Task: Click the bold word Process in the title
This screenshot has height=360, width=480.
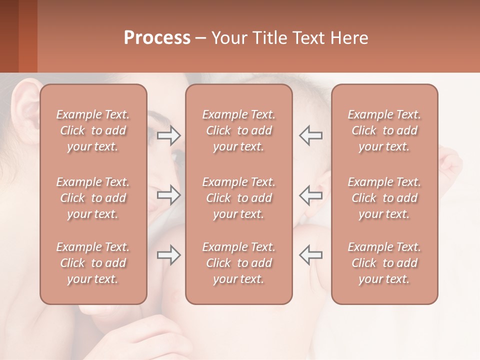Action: [x=157, y=38]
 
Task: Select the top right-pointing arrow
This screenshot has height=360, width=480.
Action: [x=169, y=135]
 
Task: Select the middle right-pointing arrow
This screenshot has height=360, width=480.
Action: [x=169, y=194]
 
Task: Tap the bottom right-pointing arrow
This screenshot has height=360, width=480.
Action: [x=169, y=255]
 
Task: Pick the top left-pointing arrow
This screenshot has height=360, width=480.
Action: [x=310, y=135]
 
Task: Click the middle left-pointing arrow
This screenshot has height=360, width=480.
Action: [x=310, y=194]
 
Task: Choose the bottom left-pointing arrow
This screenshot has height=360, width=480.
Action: [x=310, y=255]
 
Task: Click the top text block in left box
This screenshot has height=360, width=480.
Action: [x=93, y=130]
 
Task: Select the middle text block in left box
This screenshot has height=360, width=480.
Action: [x=93, y=198]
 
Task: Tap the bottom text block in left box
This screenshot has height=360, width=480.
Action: [x=93, y=263]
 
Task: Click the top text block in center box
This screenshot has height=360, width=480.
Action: [x=239, y=130]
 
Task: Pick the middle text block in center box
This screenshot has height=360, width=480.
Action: [x=239, y=198]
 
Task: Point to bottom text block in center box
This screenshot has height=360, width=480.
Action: [x=239, y=263]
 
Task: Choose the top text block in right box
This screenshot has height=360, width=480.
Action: [x=384, y=130]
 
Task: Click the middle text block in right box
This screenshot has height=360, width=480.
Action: [x=384, y=198]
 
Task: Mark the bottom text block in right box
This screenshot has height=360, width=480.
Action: [x=384, y=263]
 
